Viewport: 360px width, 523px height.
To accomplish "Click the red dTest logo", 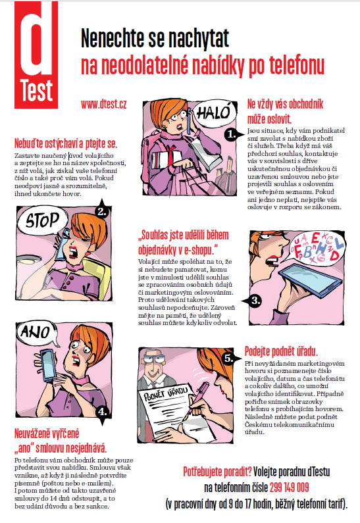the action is tap(36, 55).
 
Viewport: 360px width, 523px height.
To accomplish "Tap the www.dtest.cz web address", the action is tap(104, 104).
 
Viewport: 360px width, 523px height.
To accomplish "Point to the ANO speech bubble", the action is tap(36, 332).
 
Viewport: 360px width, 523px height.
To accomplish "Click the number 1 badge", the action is tap(231, 134).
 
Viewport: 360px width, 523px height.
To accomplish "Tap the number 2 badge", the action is tap(101, 211).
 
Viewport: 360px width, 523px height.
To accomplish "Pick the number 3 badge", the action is tap(254, 301).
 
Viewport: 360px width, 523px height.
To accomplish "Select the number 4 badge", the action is tap(102, 412).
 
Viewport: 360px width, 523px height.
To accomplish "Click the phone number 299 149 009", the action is tap(290, 487).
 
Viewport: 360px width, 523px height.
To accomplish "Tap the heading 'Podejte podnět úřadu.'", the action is tap(281, 351).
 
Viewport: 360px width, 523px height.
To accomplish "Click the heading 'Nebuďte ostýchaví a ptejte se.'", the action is tap(66, 143).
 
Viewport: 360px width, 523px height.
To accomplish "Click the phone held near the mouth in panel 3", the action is tap(310, 278).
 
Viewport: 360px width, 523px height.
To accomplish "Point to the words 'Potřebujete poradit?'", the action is tap(218, 472).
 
